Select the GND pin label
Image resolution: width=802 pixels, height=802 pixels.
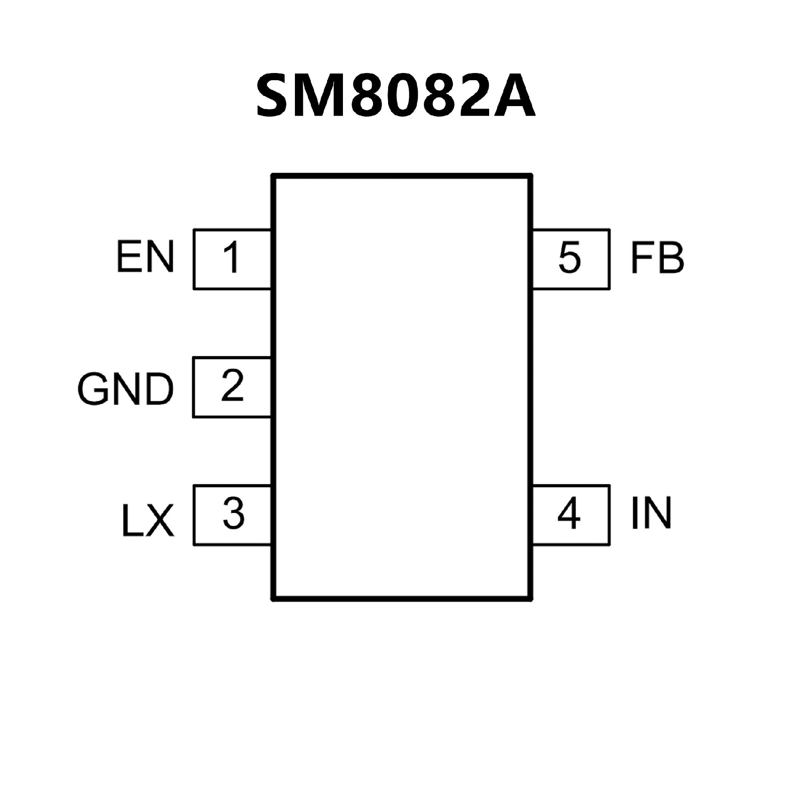[x=125, y=389]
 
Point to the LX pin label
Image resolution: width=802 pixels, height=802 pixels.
[x=147, y=520]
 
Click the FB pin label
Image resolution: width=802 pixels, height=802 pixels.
[x=657, y=258]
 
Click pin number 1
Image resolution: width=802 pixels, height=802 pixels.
[x=231, y=258]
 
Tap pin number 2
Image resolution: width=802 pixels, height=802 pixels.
[x=232, y=386]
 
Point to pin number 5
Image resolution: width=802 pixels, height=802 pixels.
[x=569, y=258]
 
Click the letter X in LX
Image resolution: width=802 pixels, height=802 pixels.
[x=160, y=520]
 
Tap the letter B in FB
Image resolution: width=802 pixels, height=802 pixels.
[x=670, y=258]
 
